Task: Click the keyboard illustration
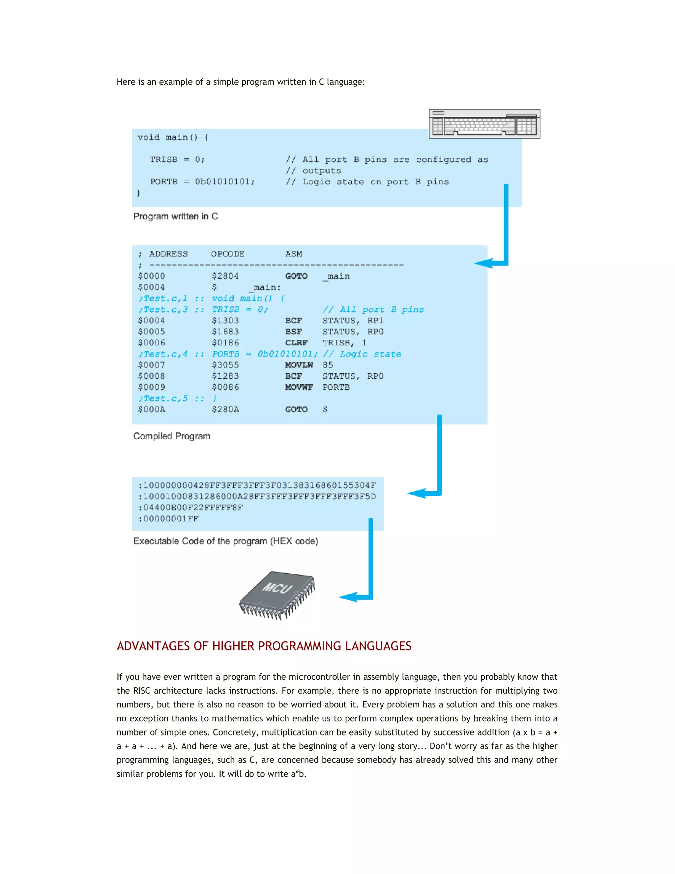point(484,124)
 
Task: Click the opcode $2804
point(225,276)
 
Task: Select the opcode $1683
point(225,332)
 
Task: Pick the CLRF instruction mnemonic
point(296,343)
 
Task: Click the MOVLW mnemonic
point(299,365)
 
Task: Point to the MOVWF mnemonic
point(299,388)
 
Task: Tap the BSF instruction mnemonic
point(294,332)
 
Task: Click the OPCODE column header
point(227,254)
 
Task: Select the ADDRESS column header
point(168,254)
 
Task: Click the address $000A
point(152,409)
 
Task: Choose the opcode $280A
point(225,409)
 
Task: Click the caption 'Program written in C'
point(176,216)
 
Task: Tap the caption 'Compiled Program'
point(171,436)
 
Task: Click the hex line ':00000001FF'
point(168,519)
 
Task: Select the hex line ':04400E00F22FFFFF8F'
point(191,508)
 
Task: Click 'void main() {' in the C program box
point(173,138)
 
